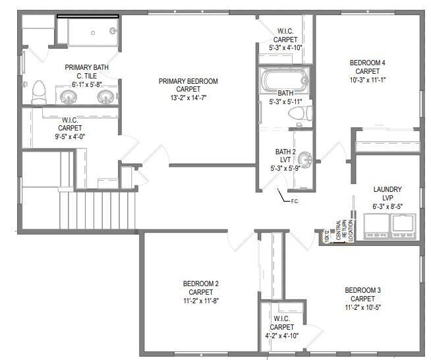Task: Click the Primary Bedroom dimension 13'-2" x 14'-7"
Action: point(188,98)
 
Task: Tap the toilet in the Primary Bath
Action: point(39,92)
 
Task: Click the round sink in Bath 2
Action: point(305,160)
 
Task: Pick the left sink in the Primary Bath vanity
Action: point(69,97)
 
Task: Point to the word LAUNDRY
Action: point(388,190)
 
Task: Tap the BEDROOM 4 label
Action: point(367,63)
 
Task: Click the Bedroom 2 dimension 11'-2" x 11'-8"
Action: point(200,300)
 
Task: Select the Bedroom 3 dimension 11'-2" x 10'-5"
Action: point(362,307)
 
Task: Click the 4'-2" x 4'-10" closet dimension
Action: point(281,336)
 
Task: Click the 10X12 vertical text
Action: point(327,235)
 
